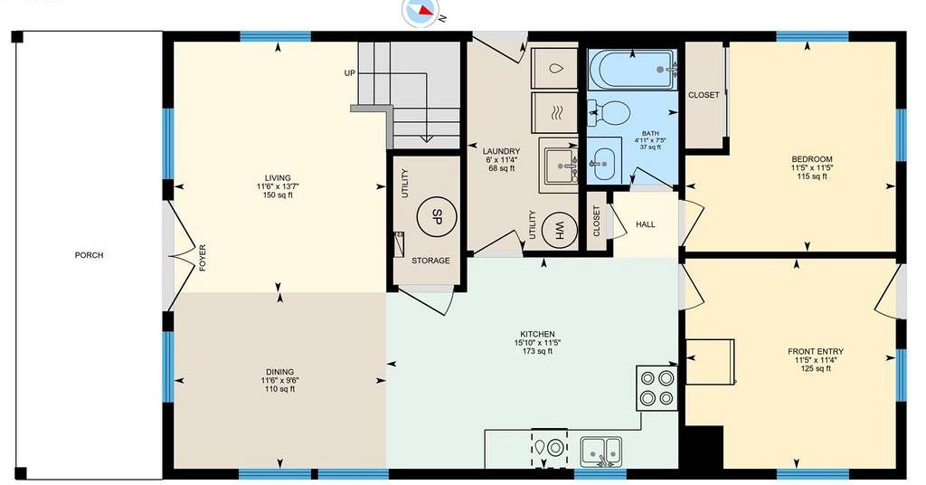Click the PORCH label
click(x=90, y=255)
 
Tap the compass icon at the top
click(x=421, y=11)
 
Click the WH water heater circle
click(x=559, y=229)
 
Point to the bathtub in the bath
click(x=632, y=70)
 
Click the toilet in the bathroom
click(x=609, y=111)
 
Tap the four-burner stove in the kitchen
click(x=657, y=388)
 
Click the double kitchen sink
click(x=601, y=452)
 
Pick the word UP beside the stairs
click(x=350, y=73)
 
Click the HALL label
click(x=646, y=224)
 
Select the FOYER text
click(x=203, y=258)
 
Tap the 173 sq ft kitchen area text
click(x=537, y=351)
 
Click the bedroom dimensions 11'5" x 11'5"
click(x=812, y=167)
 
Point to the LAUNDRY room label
click(x=501, y=151)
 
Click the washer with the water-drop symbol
click(x=554, y=69)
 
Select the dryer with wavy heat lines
click(x=554, y=112)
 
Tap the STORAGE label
click(x=430, y=261)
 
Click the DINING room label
click(x=279, y=372)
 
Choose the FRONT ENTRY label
click(x=816, y=351)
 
